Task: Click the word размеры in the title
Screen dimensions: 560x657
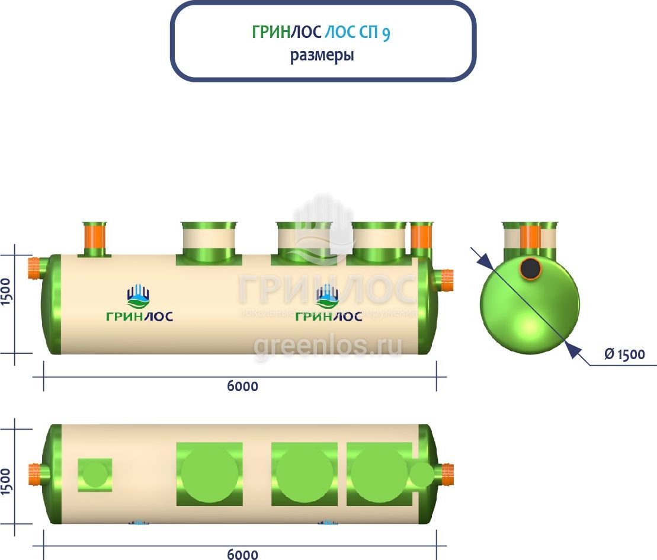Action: (x=322, y=56)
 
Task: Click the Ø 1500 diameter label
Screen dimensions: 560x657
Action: (x=624, y=354)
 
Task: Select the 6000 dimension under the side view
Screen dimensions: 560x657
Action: (x=242, y=386)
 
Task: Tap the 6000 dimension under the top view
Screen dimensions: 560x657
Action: (x=242, y=554)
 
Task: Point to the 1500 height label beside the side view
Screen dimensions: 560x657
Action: (x=7, y=291)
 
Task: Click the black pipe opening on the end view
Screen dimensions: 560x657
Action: (x=530, y=268)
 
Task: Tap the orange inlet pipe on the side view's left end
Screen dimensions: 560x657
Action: (x=36, y=268)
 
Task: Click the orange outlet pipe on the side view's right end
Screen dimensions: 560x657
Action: (x=446, y=279)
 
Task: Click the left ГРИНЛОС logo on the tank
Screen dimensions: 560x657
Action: (x=139, y=304)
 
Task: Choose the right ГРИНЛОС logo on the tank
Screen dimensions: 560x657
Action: (x=328, y=304)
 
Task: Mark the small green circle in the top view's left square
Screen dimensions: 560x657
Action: (x=95, y=475)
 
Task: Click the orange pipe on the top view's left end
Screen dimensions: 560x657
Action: (x=38, y=474)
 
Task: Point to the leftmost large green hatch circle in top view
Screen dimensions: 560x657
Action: (x=209, y=475)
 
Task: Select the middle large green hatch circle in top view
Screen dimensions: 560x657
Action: (x=305, y=475)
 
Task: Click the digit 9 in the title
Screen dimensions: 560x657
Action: (x=386, y=33)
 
